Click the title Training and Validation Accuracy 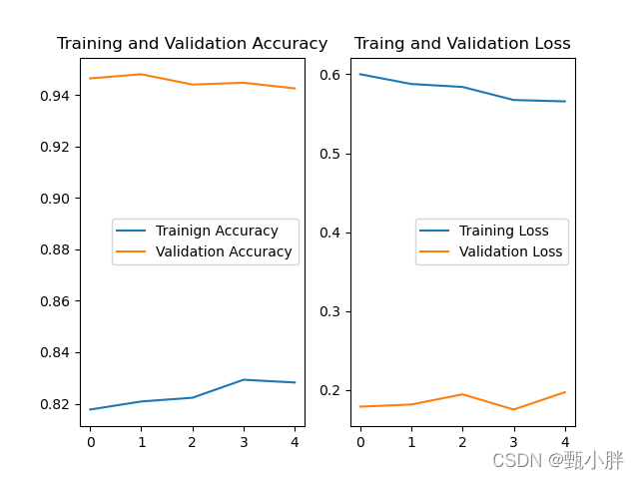tap(192, 44)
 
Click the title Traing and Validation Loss tap(462, 44)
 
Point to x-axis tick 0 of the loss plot tap(360, 440)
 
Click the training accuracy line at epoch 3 tap(244, 379)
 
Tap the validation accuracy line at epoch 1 tap(141, 74)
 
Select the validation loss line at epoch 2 tap(462, 394)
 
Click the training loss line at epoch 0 tap(360, 74)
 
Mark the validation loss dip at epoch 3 tap(513, 409)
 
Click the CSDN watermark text tap(557, 460)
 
